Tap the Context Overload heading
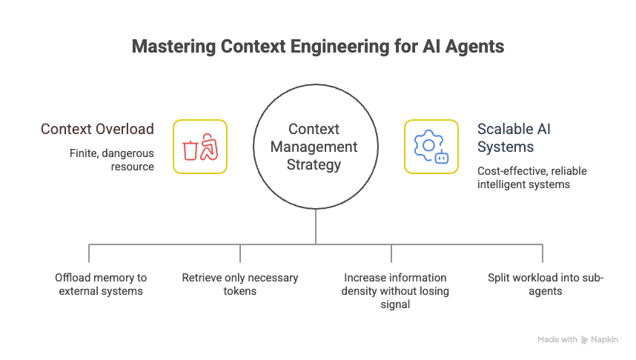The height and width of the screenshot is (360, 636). pos(97,129)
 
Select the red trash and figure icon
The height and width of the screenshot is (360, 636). pos(200,147)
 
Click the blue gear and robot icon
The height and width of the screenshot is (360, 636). pos(431,147)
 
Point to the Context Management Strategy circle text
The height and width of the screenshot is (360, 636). pos(314,147)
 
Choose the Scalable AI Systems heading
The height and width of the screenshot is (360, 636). pos(514,138)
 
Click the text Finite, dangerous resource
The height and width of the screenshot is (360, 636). pos(112,160)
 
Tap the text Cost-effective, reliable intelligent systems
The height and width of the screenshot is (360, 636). pos(531,178)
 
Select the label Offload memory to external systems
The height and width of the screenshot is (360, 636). pos(101,284)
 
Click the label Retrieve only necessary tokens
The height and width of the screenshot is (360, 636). pos(240,284)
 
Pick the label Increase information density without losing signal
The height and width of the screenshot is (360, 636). pos(395,290)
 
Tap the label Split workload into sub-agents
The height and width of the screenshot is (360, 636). pos(546,284)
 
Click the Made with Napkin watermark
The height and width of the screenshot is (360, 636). pos(577,340)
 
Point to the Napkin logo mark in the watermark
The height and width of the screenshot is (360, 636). pos(584,340)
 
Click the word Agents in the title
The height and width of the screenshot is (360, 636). pos(474,47)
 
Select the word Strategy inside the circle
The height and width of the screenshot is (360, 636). pos(314,164)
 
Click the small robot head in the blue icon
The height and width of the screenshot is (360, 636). pos(441,157)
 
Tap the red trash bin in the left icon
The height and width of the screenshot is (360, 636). pos(190,150)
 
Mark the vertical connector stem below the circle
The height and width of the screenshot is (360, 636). pos(316,227)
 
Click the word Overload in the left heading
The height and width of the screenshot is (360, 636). pos(125,129)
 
